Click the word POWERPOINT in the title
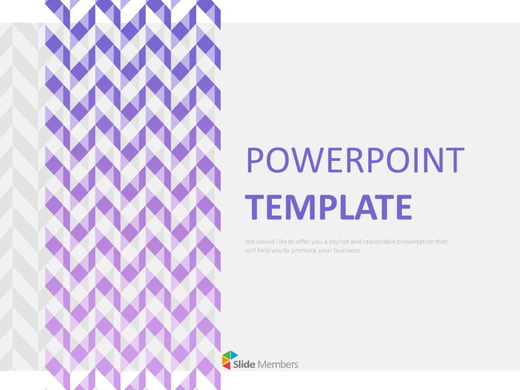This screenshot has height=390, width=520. (355, 161)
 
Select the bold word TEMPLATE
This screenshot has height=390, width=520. (328, 207)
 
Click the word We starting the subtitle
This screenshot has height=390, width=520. (249, 242)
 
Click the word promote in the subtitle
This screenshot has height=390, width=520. (298, 251)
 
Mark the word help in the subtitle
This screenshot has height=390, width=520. (262, 251)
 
